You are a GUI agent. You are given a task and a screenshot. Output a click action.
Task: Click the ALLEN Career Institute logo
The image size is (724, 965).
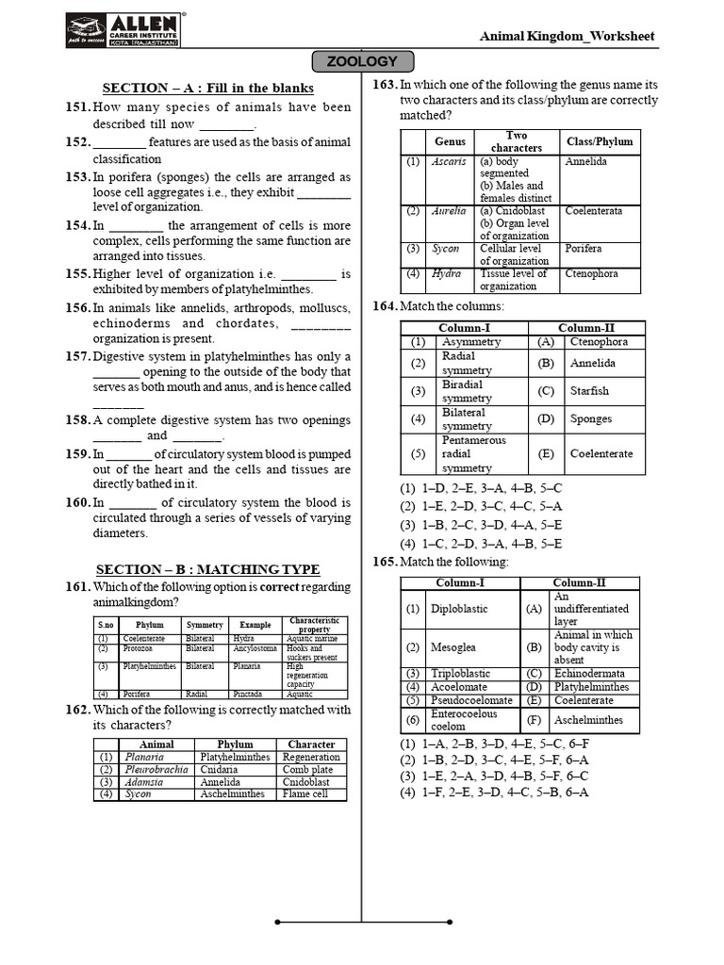(x=124, y=29)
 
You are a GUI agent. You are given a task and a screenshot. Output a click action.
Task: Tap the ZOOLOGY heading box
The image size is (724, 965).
(x=361, y=62)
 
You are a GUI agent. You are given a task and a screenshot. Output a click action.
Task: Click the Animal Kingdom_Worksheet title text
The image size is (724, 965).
(x=567, y=37)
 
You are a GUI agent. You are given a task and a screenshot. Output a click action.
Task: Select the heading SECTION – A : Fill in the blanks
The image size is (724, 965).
(x=207, y=88)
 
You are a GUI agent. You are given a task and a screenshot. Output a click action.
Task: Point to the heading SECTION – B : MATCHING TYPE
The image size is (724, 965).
(x=207, y=569)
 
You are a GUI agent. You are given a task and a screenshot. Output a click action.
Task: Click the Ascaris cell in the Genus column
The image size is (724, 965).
(x=449, y=162)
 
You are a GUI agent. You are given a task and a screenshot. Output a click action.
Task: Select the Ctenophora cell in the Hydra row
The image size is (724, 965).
(x=591, y=274)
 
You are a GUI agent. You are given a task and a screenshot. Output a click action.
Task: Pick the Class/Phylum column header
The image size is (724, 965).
(x=600, y=141)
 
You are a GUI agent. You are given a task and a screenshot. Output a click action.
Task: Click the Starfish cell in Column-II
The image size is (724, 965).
(x=589, y=391)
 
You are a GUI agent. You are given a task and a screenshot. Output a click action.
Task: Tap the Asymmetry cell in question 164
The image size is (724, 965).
(x=464, y=342)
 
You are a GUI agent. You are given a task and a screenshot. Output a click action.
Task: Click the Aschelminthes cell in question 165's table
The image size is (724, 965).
(x=588, y=720)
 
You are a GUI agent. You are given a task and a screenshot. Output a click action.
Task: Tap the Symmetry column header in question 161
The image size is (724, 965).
(x=205, y=625)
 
